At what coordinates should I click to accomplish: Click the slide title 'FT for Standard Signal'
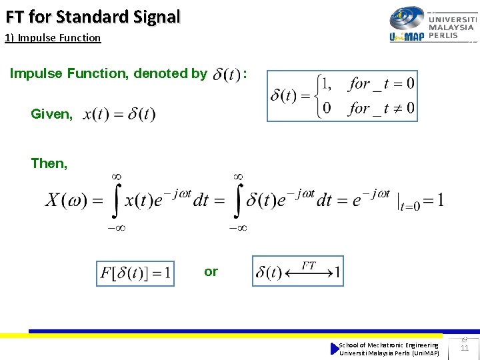click(x=93, y=16)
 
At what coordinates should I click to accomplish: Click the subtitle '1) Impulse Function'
click(x=53, y=38)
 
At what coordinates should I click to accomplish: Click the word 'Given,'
click(x=52, y=114)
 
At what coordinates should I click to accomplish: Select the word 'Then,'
click(x=49, y=163)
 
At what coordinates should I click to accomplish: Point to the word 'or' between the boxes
click(x=211, y=271)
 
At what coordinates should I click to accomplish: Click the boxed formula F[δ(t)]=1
click(x=135, y=273)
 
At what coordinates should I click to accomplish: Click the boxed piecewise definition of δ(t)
click(x=342, y=96)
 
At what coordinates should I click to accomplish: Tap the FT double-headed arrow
click(x=308, y=273)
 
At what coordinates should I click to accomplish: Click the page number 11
click(x=465, y=348)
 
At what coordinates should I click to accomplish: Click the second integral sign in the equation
click(x=237, y=200)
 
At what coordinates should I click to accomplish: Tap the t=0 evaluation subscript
click(x=410, y=207)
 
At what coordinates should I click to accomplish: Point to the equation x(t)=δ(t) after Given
click(x=119, y=115)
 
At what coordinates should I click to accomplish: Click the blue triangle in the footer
click(x=335, y=349)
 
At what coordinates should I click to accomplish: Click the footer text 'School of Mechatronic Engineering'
click(x=389, y=345)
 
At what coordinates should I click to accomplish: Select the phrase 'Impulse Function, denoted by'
click(x=108, y=73)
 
